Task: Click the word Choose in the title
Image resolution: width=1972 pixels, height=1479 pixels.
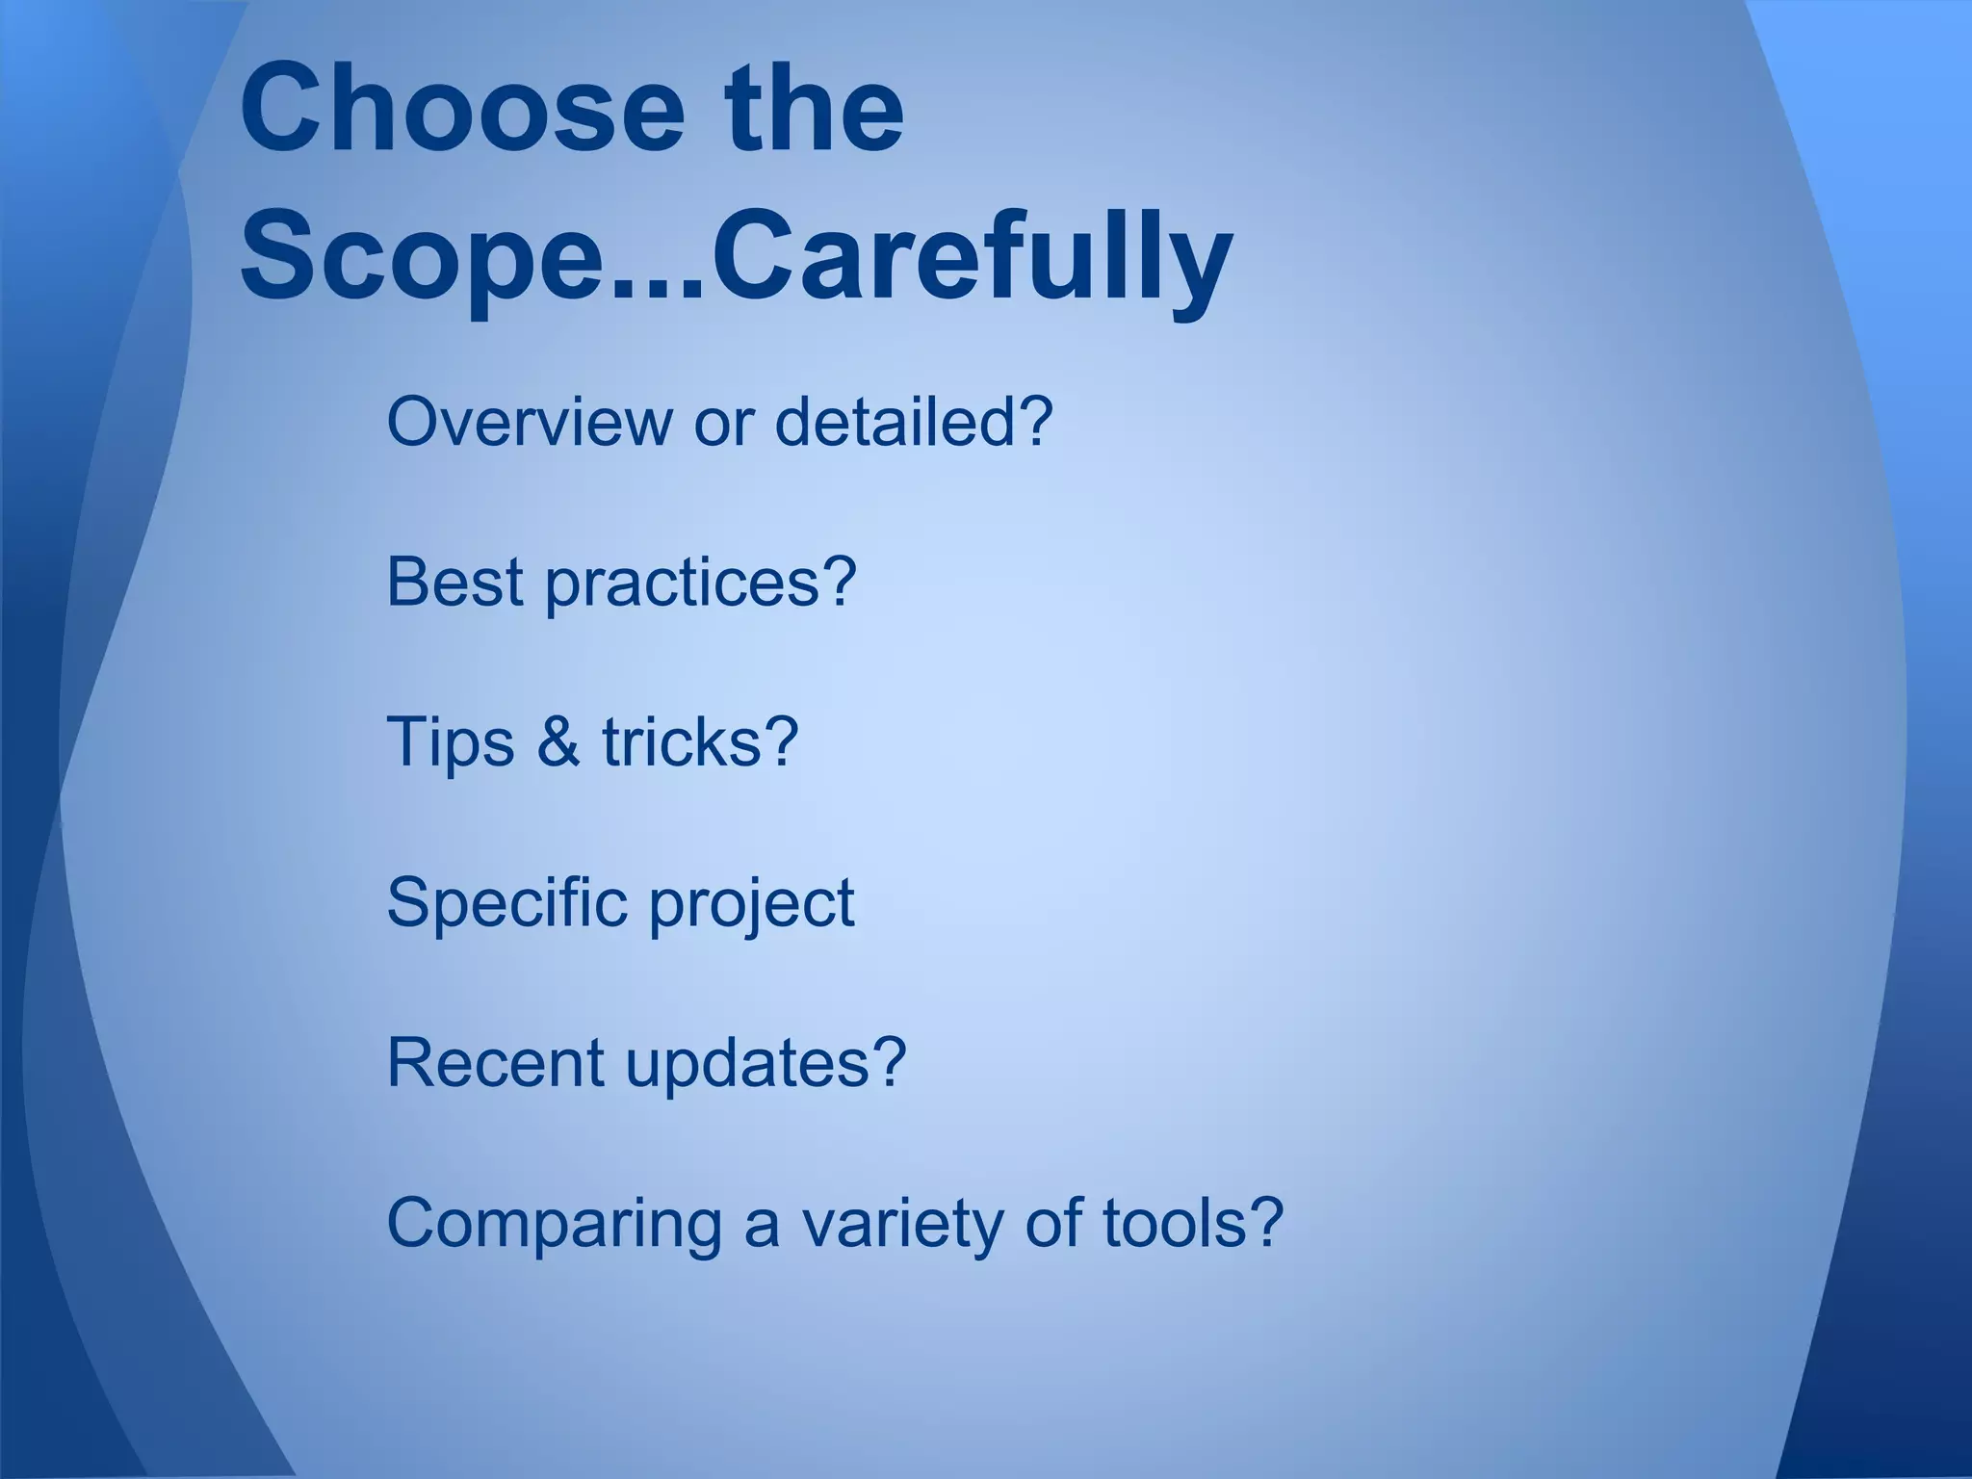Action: (461, 108)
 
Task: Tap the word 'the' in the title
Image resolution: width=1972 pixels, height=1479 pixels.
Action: (815, 108)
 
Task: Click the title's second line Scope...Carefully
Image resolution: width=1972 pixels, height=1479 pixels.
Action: (736, 258)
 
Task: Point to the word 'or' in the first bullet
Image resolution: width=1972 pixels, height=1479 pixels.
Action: (723, 424)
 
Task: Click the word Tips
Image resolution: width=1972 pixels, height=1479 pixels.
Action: (450, 743)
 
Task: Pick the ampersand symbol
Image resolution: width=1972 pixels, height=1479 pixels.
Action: (558, 742)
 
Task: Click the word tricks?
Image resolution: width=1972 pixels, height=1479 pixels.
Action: (701, 742)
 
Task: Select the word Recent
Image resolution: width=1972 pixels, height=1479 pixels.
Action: (495, 1063)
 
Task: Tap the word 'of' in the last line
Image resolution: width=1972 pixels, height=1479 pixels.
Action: (1054, 1223)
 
